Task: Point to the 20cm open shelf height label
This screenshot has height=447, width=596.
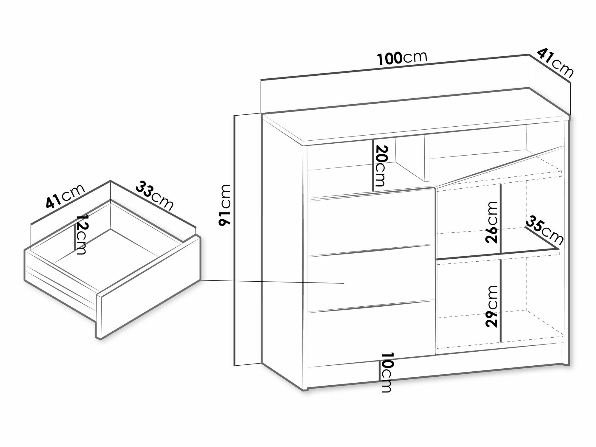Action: [x=380, y=166]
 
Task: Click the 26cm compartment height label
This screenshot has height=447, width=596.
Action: [x=491, y=222]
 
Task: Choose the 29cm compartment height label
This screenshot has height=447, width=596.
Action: [x=491, y=306]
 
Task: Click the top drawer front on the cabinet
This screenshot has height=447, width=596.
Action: [x=370, y=222]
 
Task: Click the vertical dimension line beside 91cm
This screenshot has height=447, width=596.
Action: [x=235, y=241]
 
